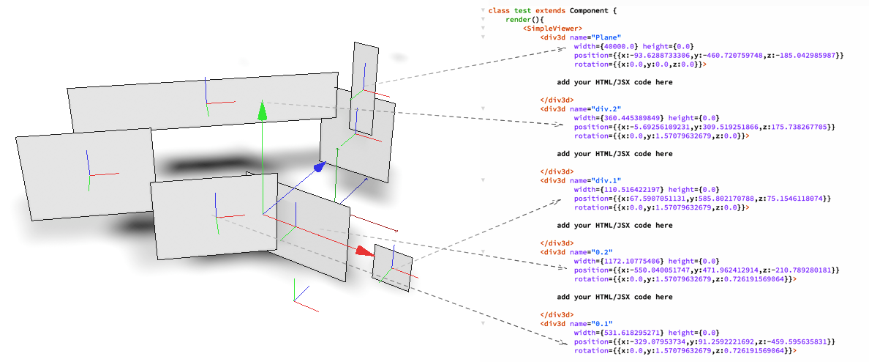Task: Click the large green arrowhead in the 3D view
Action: pos(262,111)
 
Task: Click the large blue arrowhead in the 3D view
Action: pos(319,168)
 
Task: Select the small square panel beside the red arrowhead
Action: pos(392,268)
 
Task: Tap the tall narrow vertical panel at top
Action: pos(364,88)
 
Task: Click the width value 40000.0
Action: pos(620,46)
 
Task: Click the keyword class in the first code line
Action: pos(499,10)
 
